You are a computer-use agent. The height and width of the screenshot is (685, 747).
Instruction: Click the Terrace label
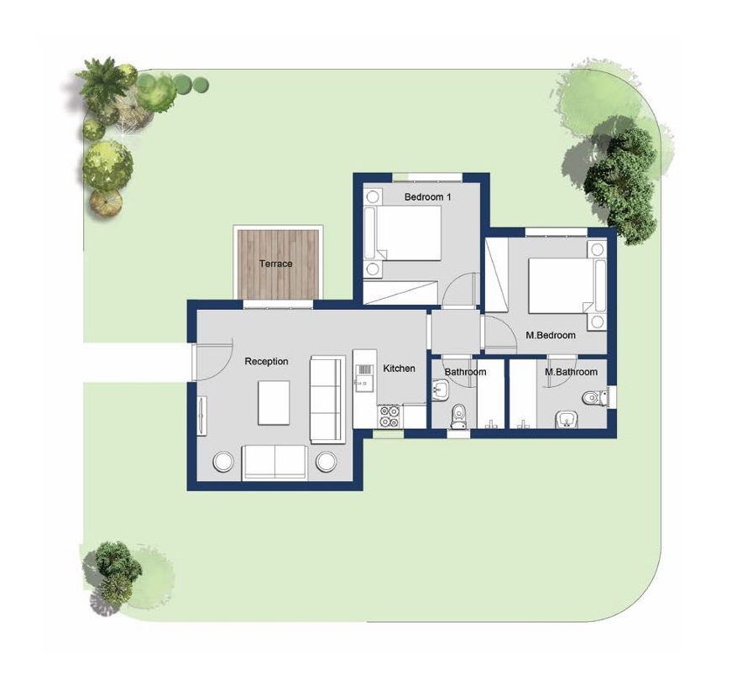pyautogui.click(x=276, y=264)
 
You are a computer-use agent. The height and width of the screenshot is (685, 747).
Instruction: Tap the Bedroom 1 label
pyautogui.click(x=427, y=196)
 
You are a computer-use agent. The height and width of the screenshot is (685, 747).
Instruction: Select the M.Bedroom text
pyautogui.click(x=551, y=335)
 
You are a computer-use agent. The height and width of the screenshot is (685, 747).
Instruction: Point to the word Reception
pyautogui.click(x=266, y=362)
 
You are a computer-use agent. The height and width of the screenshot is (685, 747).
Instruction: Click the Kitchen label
pyautogui.click(x=399, y=369)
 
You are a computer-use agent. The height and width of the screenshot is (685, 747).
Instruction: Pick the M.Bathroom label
pyautogui.click(x=571, y=372)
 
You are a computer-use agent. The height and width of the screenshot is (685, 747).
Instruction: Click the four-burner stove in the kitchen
pyautogui.click(x=390, y=416)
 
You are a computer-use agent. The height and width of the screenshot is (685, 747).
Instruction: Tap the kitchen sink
pyautogui.click(x=364, y=377)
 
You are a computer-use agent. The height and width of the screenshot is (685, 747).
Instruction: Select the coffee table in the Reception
pyautogui.click(x=274, y=402)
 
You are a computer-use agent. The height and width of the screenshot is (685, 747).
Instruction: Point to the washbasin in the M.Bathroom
pyautogui.click(x=567, y=419)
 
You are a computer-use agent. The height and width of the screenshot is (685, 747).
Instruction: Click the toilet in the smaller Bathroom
pyautogui.click(x=459, y=416)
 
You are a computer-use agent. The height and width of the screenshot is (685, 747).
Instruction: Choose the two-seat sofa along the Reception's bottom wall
pyautogui.click(x=275, y=462)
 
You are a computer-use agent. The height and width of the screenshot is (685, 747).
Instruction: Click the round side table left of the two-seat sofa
pyautogui.click(x=223, y=462)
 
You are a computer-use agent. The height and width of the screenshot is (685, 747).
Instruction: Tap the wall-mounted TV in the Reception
pyautogui.click(x=202, y=416)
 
